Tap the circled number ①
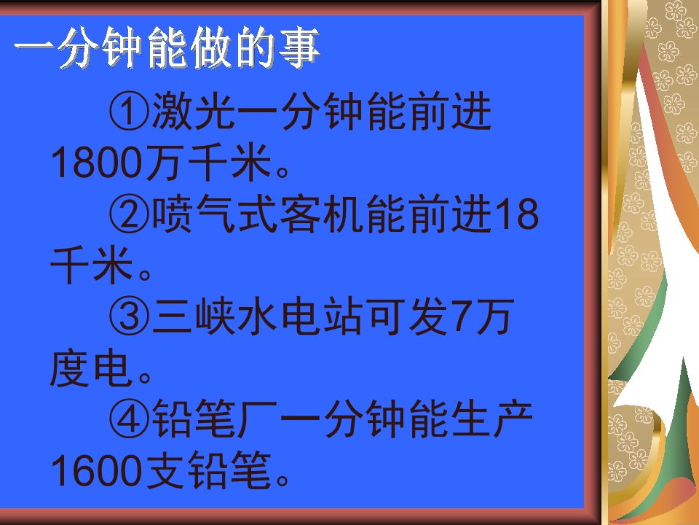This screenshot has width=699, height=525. click(130, 114)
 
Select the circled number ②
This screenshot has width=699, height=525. click(130, 217)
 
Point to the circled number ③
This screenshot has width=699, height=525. click(130, 319)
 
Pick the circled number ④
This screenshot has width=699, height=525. click(130, 421)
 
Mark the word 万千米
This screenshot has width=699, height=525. click(210, 165)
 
